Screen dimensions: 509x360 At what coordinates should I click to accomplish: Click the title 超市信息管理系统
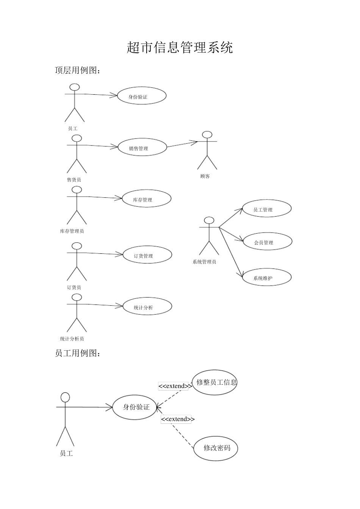click(180, 48)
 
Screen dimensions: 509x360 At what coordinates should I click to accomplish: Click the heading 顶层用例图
click(78, 70)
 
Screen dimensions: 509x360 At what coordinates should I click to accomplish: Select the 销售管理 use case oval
click(142, 147)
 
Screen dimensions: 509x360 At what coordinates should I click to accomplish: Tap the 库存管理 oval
click(147, 199)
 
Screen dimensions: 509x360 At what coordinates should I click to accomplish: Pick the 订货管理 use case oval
click(147, 255)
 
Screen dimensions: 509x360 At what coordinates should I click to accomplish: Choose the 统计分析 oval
click(147, 306)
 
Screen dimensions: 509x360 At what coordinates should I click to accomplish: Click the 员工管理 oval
click(267, 209)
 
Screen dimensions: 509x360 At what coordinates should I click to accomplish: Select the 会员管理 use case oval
click(268, 242)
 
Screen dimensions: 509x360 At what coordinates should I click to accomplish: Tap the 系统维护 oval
click(267, 277)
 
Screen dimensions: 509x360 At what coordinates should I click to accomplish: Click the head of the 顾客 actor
click(207, 135)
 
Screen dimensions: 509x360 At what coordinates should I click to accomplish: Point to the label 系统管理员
click(204, 262)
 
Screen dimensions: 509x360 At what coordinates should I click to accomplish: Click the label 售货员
click(74, 180)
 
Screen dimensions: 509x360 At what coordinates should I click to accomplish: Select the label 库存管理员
click(72, 231)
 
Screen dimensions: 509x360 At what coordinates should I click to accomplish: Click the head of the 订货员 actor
click(77, 246)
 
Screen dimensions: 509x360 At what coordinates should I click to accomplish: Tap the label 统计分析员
click(72, 339)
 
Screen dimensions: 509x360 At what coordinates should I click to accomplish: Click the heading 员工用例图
click(78, 353)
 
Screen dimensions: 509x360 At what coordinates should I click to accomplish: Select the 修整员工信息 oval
click(214, 382)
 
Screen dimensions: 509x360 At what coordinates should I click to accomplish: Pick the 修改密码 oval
click(216, 448)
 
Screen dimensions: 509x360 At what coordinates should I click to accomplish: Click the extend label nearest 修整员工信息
click(174, 386)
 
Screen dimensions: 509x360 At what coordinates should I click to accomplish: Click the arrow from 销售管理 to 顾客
click(183, 144)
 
